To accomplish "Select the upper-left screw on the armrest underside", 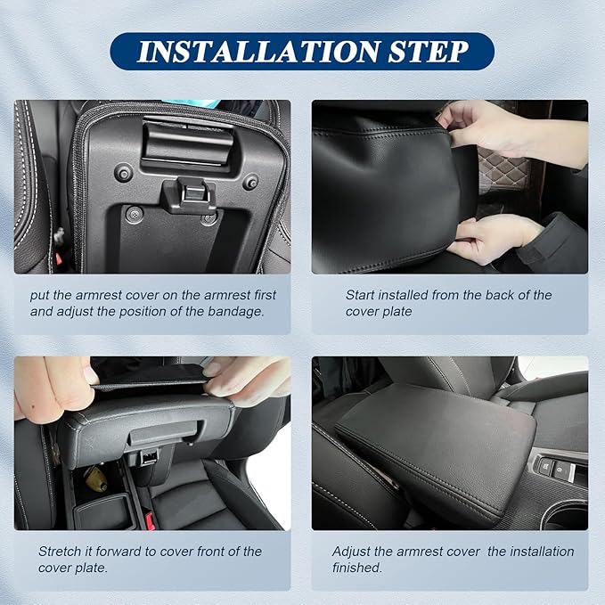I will [x=123, y=172].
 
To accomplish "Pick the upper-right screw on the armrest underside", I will [x=250, y=181].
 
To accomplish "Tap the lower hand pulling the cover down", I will [x=495, y=238].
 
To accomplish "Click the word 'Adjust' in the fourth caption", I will [x=353, y=552].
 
